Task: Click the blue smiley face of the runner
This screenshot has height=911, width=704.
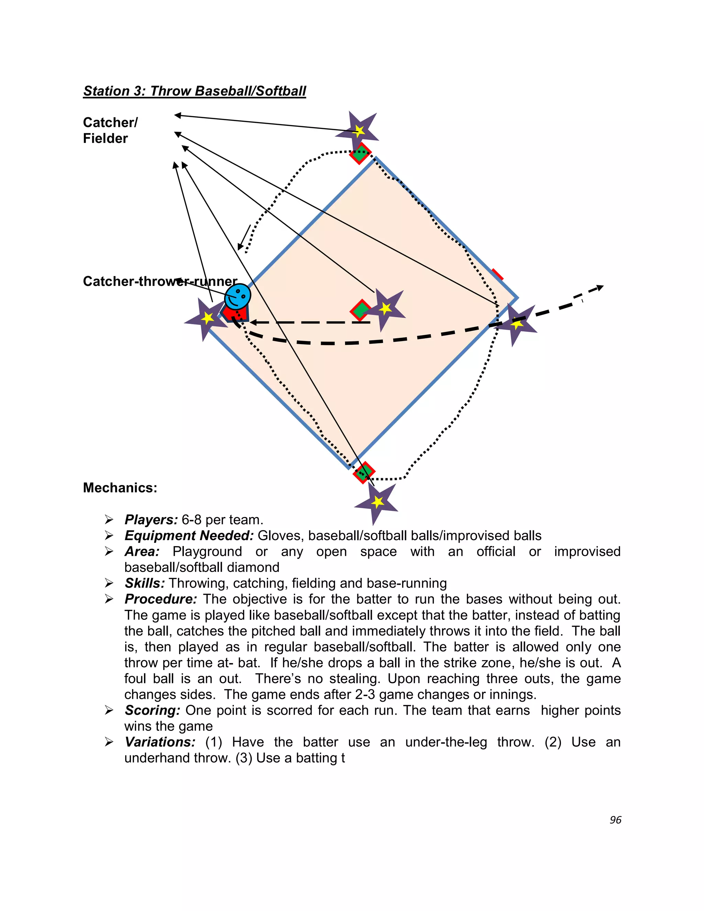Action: (x=238, y=297)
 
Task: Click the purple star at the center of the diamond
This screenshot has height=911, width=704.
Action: (x=385, y=309)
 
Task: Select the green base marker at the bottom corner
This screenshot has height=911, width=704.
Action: (x=364, y=472)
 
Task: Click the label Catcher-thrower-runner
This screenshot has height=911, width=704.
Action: (x=160, y=281)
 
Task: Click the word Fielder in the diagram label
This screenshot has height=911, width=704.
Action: (x=105, y=139)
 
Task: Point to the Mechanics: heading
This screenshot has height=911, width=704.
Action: (x=120, y=487)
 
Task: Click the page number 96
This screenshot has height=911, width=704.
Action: (x=615, y=820)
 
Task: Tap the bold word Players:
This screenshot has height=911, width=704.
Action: (x=151, y=520)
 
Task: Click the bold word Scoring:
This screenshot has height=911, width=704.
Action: (x=152, y=710)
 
